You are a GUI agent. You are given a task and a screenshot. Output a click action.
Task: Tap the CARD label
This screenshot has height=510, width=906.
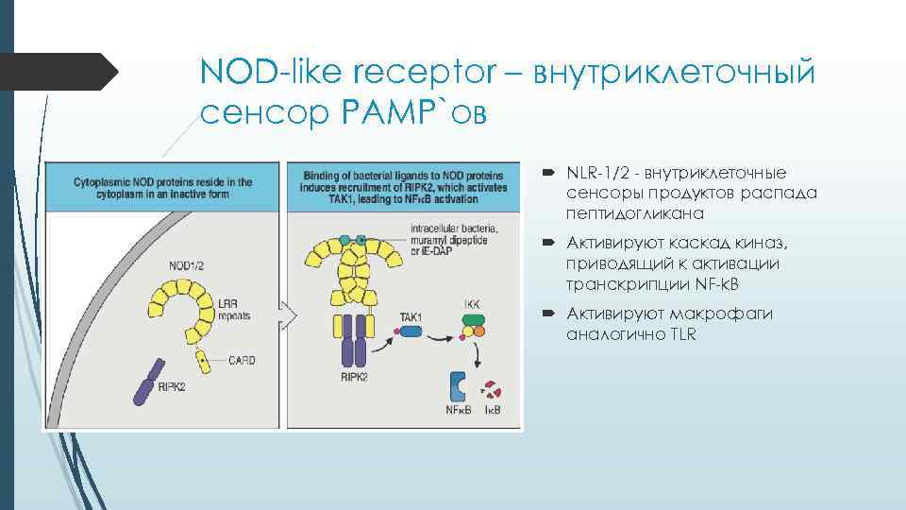[242, 360]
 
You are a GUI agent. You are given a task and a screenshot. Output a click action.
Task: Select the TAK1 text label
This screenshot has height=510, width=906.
[411, 316]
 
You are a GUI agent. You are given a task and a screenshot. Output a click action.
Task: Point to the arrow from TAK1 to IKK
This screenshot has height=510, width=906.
[441, 331]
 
